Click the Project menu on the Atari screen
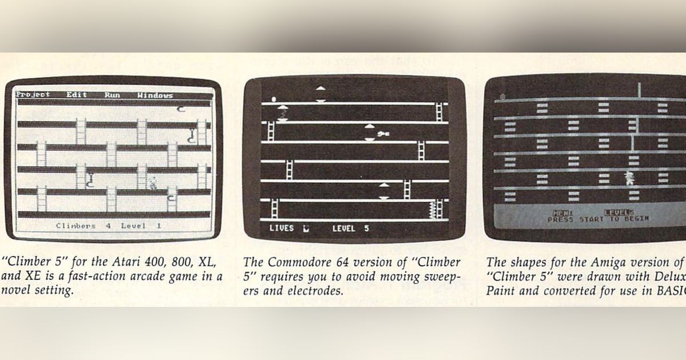(x=33, y=95)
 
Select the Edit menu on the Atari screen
(x=76, y=95)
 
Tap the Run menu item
(x=112, y=95)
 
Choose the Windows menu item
(x=155, y=95)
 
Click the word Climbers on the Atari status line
(x=75, y=226)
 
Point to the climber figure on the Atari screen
(x=153, y=183)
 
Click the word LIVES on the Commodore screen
(x=281, y=228)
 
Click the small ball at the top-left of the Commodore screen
(x=273, y=98)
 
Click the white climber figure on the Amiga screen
(x=629, y=177)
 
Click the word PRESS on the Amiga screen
(x=561, y=219)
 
